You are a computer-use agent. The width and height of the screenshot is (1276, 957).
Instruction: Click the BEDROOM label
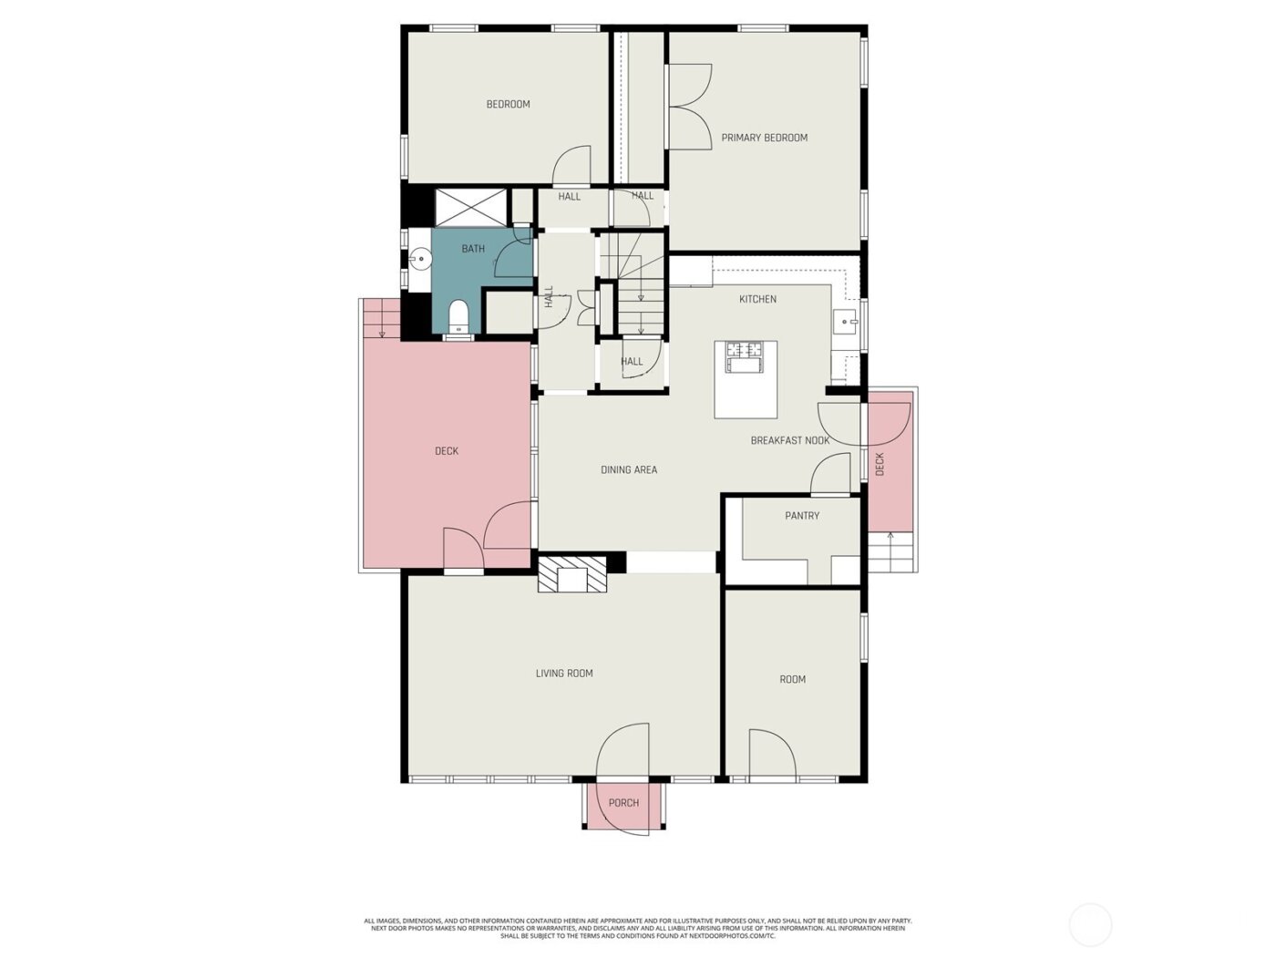[x=508, y=104]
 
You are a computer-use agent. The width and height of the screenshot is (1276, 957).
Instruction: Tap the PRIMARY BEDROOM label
[x=764, y=138]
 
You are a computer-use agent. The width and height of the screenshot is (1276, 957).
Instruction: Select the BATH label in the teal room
[x=473, y=249]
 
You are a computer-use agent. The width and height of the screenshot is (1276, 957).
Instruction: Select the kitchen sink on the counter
[x=845, y=321]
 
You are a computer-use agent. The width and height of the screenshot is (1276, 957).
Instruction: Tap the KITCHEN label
[x=757, y=299]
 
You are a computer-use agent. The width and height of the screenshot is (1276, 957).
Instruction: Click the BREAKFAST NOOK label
[x=789, y=440]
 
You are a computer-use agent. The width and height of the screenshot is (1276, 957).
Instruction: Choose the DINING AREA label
[x=629, y=470]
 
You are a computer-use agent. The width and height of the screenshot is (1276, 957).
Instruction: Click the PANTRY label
[x=802, y=516]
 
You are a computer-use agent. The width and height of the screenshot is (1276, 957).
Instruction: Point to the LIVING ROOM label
[x=564, y=674]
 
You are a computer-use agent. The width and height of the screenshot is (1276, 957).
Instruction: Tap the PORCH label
[x=623, y=803]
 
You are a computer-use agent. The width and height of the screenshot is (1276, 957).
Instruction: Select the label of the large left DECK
[x=447, y=451]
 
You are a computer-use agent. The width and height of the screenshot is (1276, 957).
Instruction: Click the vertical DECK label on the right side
[x=880, y=464]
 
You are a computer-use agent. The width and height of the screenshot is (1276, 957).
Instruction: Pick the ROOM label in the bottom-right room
[x=792, y=679]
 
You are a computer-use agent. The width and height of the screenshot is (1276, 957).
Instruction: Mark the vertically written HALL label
[x=549, y=296]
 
